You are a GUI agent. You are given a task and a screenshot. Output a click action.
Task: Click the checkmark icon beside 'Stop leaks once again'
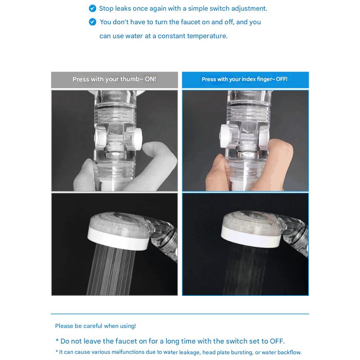[92, 9]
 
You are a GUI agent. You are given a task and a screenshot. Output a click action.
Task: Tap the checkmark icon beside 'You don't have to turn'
[92, 22]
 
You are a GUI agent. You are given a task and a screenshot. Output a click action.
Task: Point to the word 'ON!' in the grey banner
[150, 79]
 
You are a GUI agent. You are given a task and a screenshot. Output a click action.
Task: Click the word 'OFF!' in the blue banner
[282, 79]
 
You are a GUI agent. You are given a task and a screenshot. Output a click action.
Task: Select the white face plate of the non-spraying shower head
[251, 238]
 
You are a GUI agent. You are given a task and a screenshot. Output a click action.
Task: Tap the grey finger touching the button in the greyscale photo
[158, 161]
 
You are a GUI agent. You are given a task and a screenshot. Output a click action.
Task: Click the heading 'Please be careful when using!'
[95, 326]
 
